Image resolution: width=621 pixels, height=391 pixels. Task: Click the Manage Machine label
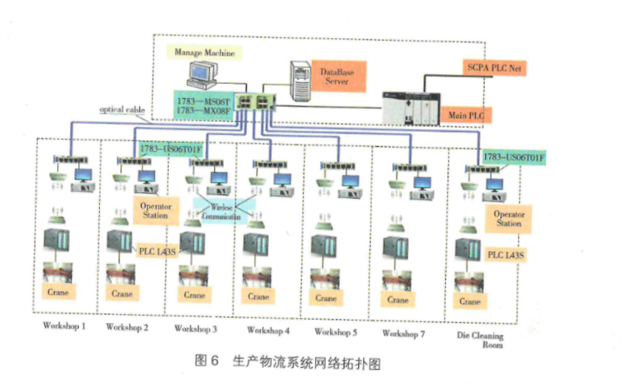[204, 53]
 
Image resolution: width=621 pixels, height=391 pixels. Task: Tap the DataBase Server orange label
[337, 76]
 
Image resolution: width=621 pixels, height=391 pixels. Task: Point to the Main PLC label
[467, 116]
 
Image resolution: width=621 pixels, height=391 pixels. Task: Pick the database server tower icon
[300, 79]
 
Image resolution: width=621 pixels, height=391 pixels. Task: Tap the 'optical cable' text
[122, 110]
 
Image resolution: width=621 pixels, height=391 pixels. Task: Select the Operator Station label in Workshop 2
[154, 211]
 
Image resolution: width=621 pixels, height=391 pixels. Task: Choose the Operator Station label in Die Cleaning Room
[508, 219]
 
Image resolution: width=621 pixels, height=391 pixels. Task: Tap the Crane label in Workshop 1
[58, 292]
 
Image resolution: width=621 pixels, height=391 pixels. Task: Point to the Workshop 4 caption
[268, 331]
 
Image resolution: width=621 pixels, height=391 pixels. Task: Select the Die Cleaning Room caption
[480, 340]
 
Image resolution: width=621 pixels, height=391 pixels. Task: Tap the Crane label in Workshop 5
[327, 298]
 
